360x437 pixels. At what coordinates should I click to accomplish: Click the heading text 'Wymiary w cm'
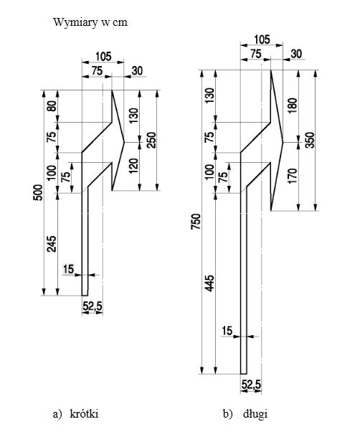(x=90, y=22)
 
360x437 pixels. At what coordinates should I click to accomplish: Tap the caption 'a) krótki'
(x=75, y=413)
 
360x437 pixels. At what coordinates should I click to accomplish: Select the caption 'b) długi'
(x=245, y=413)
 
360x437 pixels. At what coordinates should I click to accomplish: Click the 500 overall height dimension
(x=38, y=192)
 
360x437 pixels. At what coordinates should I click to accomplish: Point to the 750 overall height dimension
(x=196, y=222)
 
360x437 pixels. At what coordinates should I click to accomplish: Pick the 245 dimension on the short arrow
(x=52, y=244)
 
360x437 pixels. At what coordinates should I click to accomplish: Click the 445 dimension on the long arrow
(x=209, y=283)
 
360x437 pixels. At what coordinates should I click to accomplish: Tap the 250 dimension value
(x=152, y=140)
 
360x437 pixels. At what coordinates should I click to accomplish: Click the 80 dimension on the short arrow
(x=52, y=106)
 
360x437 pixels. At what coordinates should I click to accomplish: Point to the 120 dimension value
(x=134, y=166)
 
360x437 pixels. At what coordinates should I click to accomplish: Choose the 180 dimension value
(x=293, y=105)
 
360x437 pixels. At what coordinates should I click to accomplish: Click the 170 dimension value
(x=293, y=176)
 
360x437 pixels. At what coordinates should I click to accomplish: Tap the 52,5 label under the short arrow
(x=93, y=306)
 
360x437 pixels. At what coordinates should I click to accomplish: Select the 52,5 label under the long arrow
(x=251, y=385)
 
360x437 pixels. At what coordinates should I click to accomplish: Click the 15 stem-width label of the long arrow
(x=227, y=331)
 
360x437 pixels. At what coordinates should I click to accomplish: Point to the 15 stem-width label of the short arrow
(x=68, y=269)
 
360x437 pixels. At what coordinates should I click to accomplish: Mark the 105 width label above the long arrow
(x=262, y=39)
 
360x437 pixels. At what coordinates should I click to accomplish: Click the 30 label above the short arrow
(x=137, y=71)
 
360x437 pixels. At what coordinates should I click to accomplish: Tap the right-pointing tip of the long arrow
(x=283, y=142)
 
